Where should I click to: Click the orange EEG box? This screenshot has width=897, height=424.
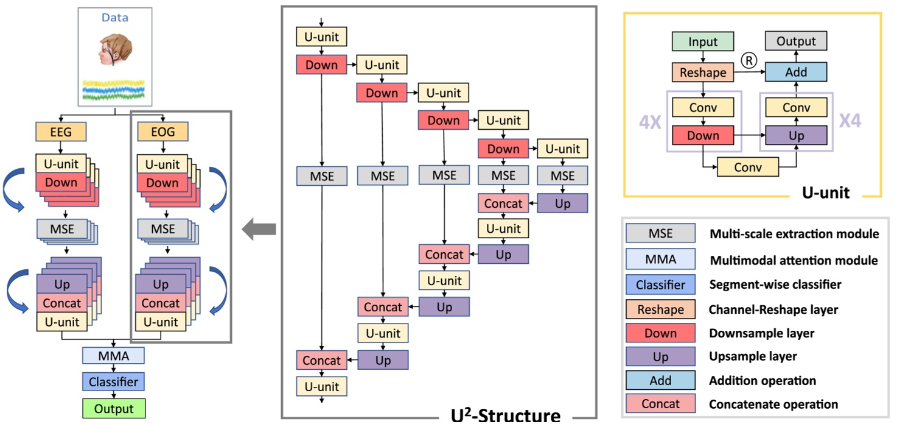click(61, 132)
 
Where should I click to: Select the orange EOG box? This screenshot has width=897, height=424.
click(162, 132)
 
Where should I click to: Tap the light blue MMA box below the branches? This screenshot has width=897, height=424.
click(114, 356)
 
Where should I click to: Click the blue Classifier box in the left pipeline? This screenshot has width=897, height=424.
click(114, 382)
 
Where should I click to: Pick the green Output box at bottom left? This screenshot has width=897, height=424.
click(114, 408)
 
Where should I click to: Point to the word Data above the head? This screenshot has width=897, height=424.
click(115, 18)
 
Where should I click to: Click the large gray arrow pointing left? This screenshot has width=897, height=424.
click(259, 230)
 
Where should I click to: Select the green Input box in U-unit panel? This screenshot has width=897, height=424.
click(703, 42)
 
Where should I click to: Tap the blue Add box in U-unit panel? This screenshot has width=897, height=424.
click(796, 72)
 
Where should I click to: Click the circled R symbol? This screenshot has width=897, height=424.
click(749, 60)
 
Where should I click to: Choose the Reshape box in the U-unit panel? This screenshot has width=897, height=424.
click(703, 72)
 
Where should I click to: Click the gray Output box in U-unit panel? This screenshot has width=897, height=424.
click(796, 41)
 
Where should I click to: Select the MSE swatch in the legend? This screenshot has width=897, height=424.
click(660, 233)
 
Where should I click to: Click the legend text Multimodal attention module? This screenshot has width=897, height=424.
click(794, 260)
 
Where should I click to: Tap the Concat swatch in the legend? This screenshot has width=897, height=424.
click(660, 403)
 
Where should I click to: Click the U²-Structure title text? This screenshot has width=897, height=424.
click(505, 416)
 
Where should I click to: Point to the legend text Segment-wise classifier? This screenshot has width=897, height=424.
click(775, 284)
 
